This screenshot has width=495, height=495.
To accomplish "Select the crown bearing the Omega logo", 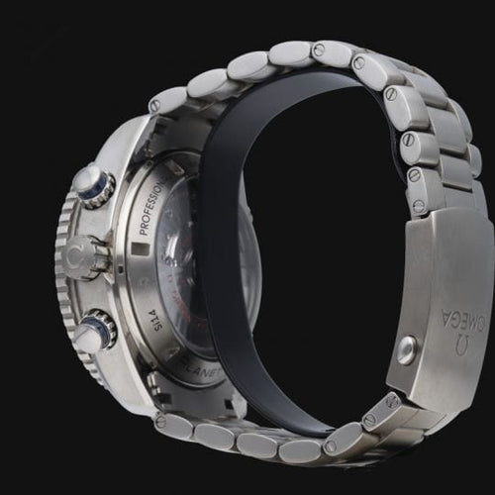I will coord(89,256).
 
